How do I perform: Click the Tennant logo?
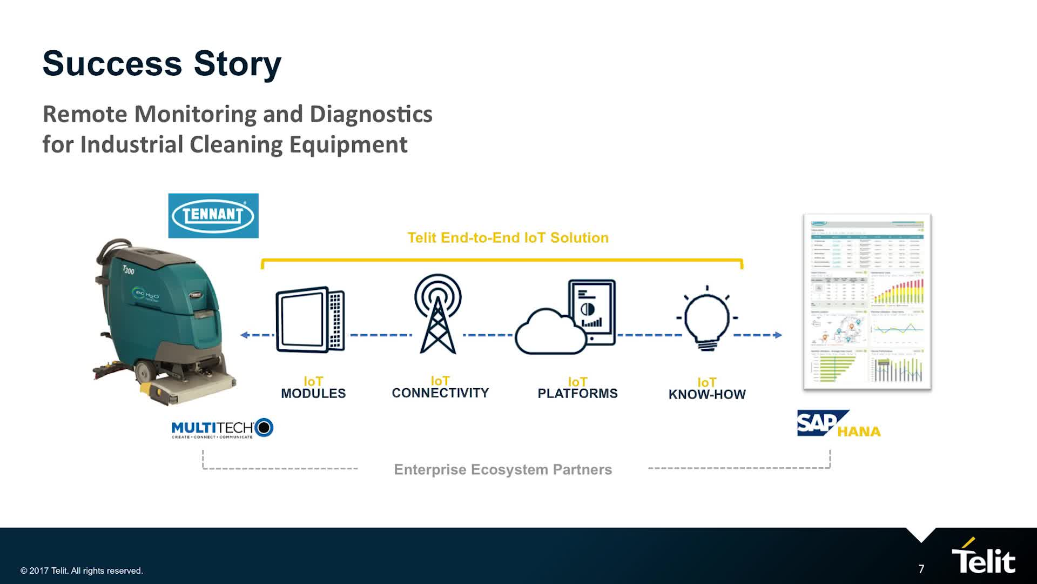(213, 216)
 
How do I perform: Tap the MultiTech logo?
(222, 428)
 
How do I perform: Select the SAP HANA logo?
(838, 424)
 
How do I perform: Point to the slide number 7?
(921, 569)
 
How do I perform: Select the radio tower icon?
(438, 314)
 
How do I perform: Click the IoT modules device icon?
(310, 320)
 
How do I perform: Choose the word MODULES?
(313, 394)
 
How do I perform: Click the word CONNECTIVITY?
(440, 393)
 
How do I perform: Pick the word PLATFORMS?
(577, 394)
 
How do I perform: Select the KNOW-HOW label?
(707, 395)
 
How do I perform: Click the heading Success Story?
(162, 64)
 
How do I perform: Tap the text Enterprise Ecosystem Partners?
(503, 469)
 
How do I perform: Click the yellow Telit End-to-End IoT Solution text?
(508, 238)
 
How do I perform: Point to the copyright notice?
(82, 571)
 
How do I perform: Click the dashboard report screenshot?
(867, 302)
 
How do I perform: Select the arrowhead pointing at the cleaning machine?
(245, 335)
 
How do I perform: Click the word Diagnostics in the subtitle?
(371, 114)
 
